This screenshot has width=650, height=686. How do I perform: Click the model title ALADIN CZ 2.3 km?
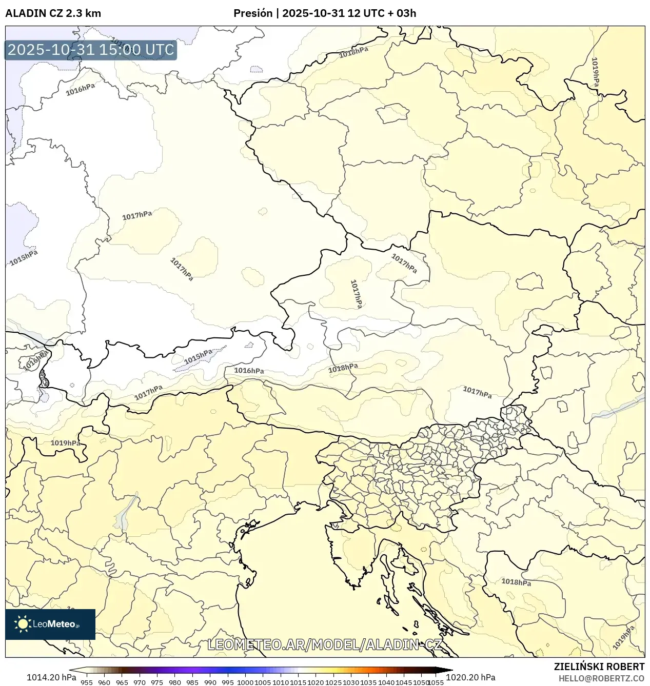pyautogui.click(x=53, y=13)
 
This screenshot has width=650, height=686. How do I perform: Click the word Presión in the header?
pyautogui.click(x=252, y=13)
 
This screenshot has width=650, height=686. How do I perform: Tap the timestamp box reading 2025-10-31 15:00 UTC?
pyautogui.click(x=91, y=50)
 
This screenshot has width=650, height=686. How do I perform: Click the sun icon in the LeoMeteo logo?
pyautogui.click(x=23, y=624)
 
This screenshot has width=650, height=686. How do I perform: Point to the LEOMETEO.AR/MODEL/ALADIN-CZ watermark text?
pyautogui.click(x=324, y=644)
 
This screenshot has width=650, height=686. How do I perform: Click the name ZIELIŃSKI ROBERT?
pyautogui.click(x=599, y=667)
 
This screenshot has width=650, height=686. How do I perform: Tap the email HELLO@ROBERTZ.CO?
pyautogui.click(x=601, y=678)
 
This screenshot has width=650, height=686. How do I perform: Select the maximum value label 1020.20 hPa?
pyautogui.click(x=470, y=677)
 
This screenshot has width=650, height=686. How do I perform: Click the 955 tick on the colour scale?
pyautogui.click(x=87, y=682)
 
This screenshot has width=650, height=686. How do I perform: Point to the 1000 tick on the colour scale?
pyautogui.click(x=245, y=682)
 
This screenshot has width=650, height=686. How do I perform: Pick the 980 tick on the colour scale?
pyautogui.click(x=175, y=682)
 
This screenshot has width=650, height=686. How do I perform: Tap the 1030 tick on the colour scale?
pyautogui.click(x=351, y=682)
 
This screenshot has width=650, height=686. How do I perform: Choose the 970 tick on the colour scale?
pyautogui.click(x=140, y=682)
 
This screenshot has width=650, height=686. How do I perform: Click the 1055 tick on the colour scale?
pyautogui.click(x=436, y=682)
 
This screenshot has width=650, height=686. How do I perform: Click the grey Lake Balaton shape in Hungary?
pyautogui.click(x=618, y=407)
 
